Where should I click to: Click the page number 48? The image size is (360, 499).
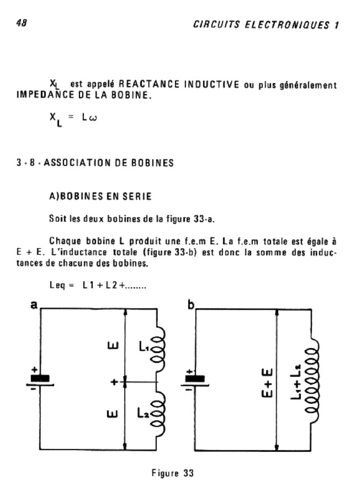pos(21,23)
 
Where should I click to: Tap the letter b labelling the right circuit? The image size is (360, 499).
pos(191,306)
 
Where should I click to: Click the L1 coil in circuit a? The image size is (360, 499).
pos(160,347)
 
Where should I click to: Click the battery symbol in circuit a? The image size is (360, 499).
pos(40,379)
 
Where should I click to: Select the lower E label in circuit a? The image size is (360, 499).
pos(112,413)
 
